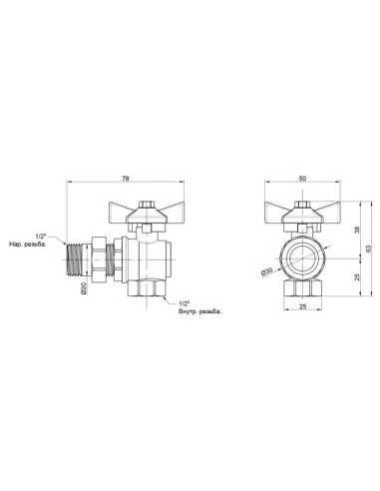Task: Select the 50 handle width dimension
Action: click(x=303, y=179)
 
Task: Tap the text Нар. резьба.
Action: click(x=31, y=245)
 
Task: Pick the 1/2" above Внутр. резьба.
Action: click(x=185, y=301)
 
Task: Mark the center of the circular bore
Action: click(x=303, y=257)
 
